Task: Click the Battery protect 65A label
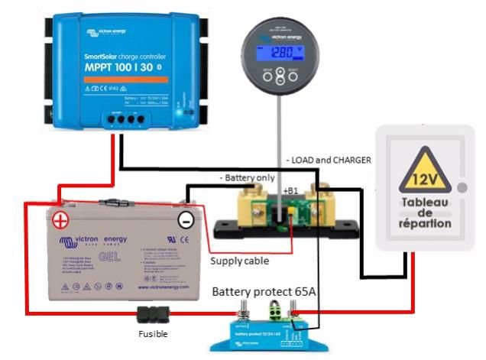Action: tap(264, 292)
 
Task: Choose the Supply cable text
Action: tap(239, 261)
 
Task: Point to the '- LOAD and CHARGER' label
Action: tap(329, 160)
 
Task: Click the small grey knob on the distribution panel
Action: tap(461, 187)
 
